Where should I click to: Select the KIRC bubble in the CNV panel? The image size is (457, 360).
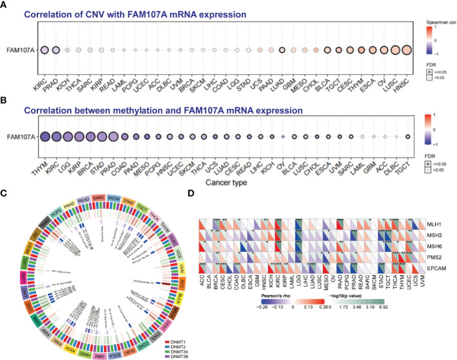(45, 50)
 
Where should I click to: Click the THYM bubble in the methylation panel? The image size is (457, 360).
(45, 136)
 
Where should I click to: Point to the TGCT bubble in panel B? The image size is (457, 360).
(407, 136)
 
